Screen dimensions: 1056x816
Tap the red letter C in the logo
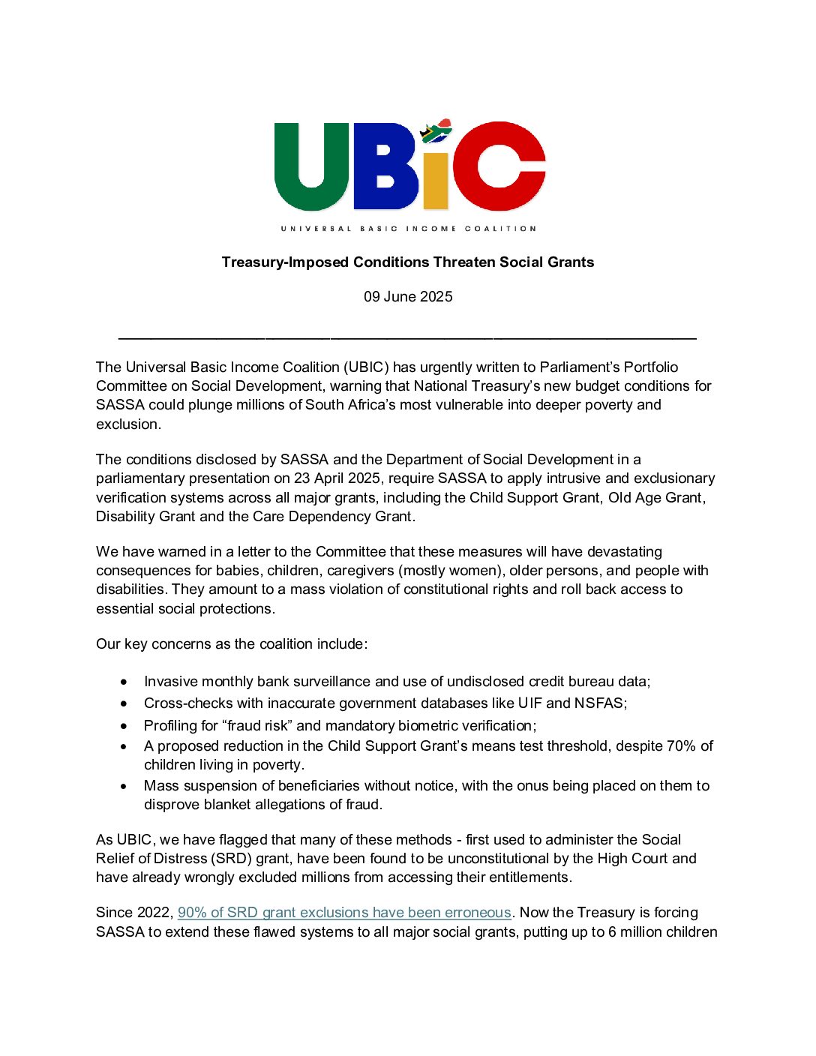click(x=501, y=166)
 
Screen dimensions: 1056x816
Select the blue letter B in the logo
click(x=385, y=166)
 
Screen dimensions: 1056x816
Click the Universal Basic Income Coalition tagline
click(x=409, y=228)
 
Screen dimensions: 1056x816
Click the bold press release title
click(x=408, y=262)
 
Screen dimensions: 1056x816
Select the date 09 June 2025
click(x=408, y=296)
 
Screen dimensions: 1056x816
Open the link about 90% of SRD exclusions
click(x=344, y=912)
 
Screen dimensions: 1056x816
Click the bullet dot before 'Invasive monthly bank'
click(x=124, y=682)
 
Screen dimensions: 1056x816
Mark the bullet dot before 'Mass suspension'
click(x=124, y=786)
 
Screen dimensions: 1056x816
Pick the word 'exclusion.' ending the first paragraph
click(x=128, y=424)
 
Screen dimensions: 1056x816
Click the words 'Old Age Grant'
click(x=655, y=497)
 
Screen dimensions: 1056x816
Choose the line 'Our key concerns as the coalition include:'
click(x=232, y=643)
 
